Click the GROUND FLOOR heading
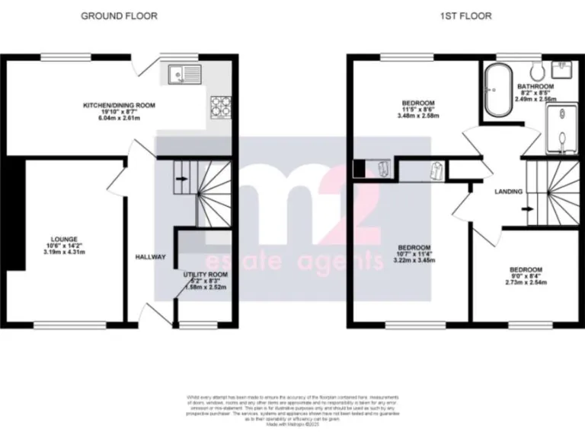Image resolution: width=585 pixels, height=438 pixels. (x=120, y=16)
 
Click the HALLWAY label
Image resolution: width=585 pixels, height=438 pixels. (x=150, y=257)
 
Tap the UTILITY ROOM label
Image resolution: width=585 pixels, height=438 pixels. (x=206, y=274)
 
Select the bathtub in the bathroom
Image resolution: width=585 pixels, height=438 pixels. (x=499, y=90)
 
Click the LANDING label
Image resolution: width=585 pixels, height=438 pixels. (x=507, y=191)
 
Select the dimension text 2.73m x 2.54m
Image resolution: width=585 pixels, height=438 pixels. (x=526, y=282)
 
